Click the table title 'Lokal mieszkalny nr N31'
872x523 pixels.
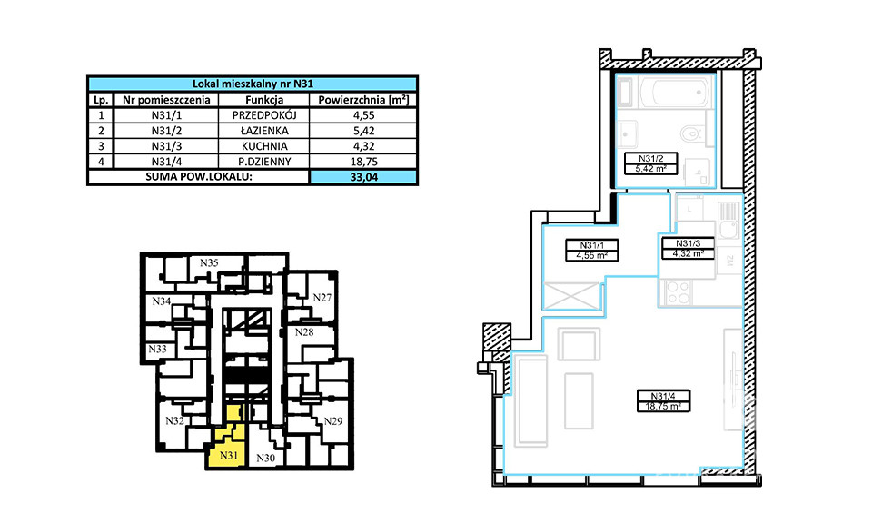point(253,84)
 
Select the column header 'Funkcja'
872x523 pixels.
point(264,100)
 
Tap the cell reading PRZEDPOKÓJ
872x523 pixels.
point(264,115)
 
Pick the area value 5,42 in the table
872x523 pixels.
point(363,131)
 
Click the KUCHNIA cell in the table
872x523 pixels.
point(264,146)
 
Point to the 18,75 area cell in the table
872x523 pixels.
point(363,162)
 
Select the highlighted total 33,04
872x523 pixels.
point(363,177)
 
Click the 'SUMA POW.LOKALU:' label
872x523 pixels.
point(199,177)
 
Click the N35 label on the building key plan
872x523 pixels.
point(209,263)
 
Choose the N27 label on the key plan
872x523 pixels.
point(322,297)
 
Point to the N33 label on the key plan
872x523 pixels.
point(157,349)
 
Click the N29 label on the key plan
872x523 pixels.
point(333,420)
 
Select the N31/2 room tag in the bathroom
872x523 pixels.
point(650,163)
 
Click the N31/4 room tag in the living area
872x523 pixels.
point(663,400)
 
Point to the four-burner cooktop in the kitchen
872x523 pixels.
point(678,292)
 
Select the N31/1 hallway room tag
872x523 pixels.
point(591,250)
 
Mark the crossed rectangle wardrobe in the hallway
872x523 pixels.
point(571,294)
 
